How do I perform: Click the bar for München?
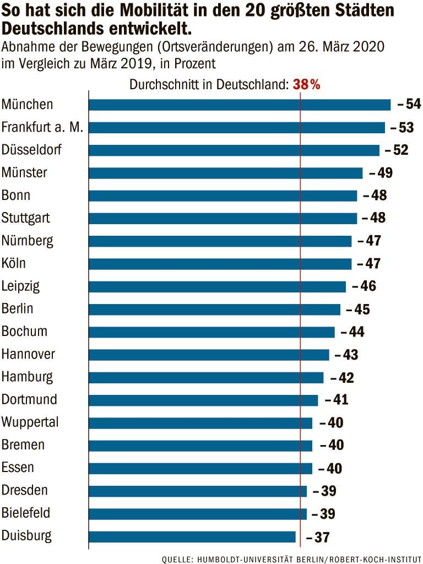point(240,105)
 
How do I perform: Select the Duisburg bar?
point(192,536)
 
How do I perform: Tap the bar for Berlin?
point(214,309)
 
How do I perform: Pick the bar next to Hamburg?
point(206,377)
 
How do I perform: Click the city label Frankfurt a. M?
point(42,127)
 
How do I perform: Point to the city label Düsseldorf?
point(31,150)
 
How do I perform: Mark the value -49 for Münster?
point(381,173)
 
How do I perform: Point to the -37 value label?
point(318,537)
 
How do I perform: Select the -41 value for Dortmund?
point(337,400)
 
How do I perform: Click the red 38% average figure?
point(307,85)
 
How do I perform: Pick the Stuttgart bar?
point(223,218)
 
